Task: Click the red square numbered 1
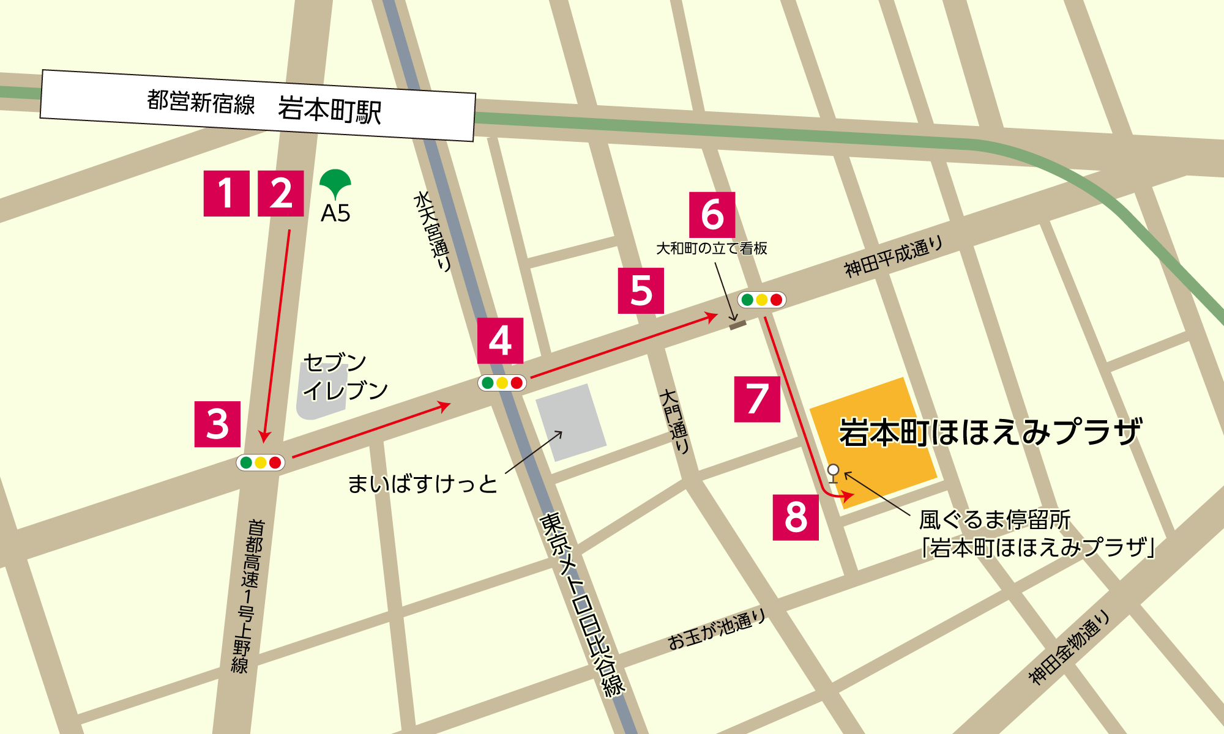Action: [226, 193]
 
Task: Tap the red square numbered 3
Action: [217, 424]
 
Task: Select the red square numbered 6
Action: [712, 215]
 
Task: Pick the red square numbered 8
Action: [796, 517]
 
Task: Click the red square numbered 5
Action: [641, 291]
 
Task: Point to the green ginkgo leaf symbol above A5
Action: [335, 183]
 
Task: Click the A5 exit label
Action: [335, 213]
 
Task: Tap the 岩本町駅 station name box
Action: [258, 106]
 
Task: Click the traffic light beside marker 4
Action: [502, 383]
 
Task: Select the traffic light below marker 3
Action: [260, 462]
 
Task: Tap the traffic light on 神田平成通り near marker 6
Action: [761, 300]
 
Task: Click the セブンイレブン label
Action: [345, 377]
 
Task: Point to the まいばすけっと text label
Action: [422, 484]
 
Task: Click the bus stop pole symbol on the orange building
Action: [833, 473]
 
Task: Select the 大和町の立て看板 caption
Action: [711, 248]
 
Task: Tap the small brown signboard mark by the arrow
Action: [737, 325]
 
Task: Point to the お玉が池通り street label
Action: [716, 631]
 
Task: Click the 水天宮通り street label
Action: [433, 231]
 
